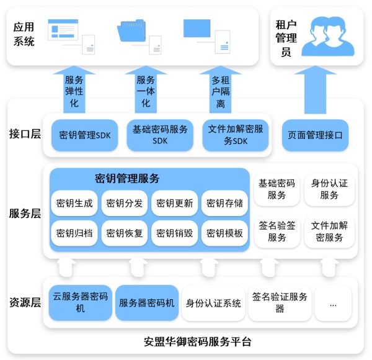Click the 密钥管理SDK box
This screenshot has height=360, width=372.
tap(84, 134)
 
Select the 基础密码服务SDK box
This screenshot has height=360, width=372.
tap(160, 135)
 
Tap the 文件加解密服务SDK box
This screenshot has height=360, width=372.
tap(236, 135)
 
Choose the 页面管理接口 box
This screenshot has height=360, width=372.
tap(316, 134)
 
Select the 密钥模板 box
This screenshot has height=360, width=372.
tap(224, 234)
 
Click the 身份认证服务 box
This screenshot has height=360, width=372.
tap(330, 189)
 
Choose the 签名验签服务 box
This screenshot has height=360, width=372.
tap(277, 231)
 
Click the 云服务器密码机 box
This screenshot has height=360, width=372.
tap(81, 302)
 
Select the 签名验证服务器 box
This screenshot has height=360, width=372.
tap(280, 302)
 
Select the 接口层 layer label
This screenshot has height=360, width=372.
tap(25, 133)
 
